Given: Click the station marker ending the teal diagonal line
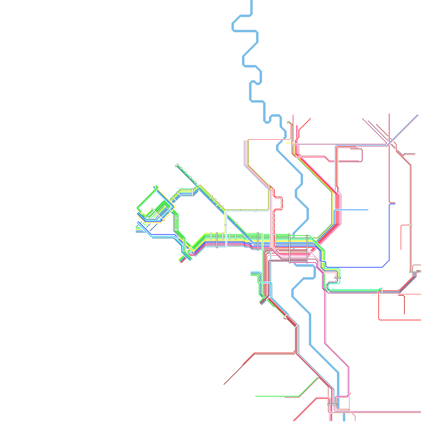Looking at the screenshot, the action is pyautogui.click(x=177, y=165).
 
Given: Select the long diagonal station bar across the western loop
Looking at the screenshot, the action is pyautogui.click(x=158, y=214).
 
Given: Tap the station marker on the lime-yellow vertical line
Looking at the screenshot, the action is pyautogui.click(x=226, y=225).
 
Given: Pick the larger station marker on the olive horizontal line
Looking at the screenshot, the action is pyautogui.click(x=255, y=210).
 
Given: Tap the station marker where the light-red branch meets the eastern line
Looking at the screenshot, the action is pyautogui.click(x=410, y=225).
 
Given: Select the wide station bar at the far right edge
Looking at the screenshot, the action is pyautogui.click(x=414, y=272).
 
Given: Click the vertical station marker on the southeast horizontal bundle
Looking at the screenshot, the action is pyautogui.click(x=382, y=291).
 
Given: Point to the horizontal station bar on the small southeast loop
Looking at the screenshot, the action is pyautogui.click(x=337, y=278).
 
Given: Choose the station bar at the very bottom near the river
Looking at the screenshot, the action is pyautogui.click(x=332, y=404).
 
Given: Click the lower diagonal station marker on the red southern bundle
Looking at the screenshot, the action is pyautogui.click(x=296, y=326).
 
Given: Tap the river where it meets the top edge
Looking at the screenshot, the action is pyautogui.click(x=251, y=1).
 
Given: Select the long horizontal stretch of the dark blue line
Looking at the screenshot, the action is pyautogui.click(x=353, y=267).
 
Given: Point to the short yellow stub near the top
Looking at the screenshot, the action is pyautogui.click(x=288, y=143).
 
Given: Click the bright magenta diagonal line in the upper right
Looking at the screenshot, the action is pyautogui.click(x=375, y=131).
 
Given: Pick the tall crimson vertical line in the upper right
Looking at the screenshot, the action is pyautogui.click(x=389, y=158).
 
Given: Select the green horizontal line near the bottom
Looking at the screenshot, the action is pyautogui.click(x=277, y=396).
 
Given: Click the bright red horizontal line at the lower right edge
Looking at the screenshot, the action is pyautogui.click(x=401, y=320).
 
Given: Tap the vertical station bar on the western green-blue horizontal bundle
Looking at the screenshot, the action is pyautogui.click(x=192, y=192).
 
